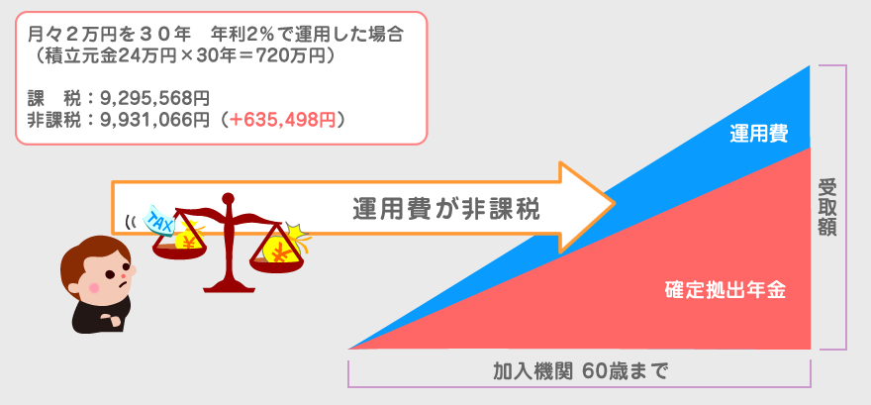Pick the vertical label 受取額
point(828,206)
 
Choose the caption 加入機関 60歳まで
point(580,372)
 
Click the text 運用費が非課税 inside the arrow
point(447,209)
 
